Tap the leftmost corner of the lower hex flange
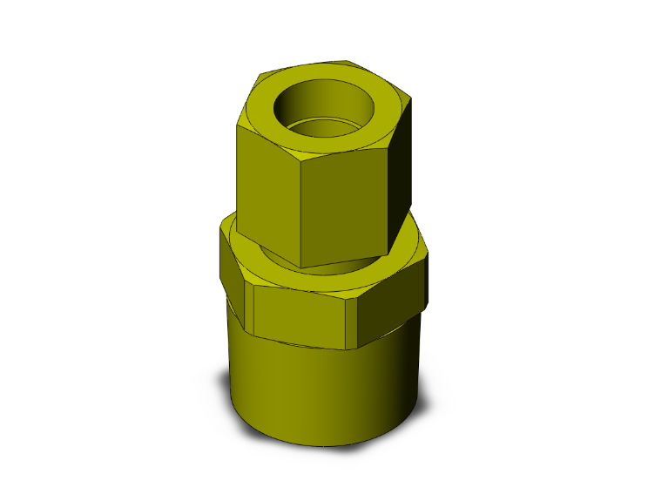pos(219,235)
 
